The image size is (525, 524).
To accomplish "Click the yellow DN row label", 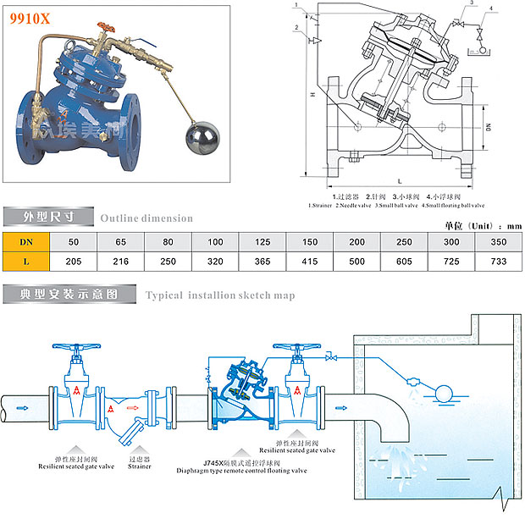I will tap(26, 241).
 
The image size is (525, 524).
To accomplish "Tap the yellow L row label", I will tap(26, 262).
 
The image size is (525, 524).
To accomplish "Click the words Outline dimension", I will tap(146, 218).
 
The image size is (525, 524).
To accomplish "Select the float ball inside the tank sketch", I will tap(441, 391).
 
